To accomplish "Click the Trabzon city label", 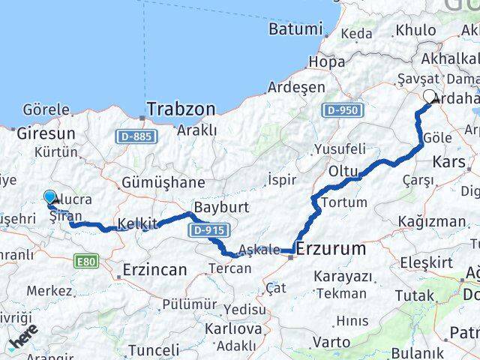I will (181, 109).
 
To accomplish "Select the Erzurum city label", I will (331, 248).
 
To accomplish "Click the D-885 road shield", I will (135, 136).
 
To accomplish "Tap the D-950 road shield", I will (342, 110).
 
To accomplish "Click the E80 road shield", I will (87, 261).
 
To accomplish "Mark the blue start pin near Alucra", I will (50, 197).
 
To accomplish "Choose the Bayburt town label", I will (216, 206).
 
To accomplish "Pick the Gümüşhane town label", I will (163, 182).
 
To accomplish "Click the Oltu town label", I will (343, 172).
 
